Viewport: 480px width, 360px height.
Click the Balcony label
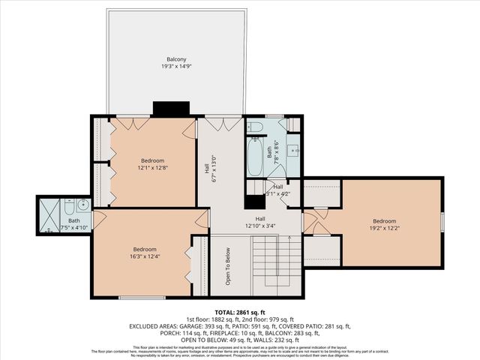click(x=176, y=59)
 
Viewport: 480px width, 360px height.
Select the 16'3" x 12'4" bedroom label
click(x=145, y=253)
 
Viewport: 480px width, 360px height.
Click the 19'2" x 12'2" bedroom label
click(x=384, y=224)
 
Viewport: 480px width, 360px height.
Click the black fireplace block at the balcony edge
click(x=163, y=109)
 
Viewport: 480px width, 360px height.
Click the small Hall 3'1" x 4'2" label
click(x=277, y=190)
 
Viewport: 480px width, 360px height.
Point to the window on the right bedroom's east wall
click(x=442, y=221)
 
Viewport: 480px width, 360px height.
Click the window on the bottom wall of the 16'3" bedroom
click(x=142, y=298)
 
